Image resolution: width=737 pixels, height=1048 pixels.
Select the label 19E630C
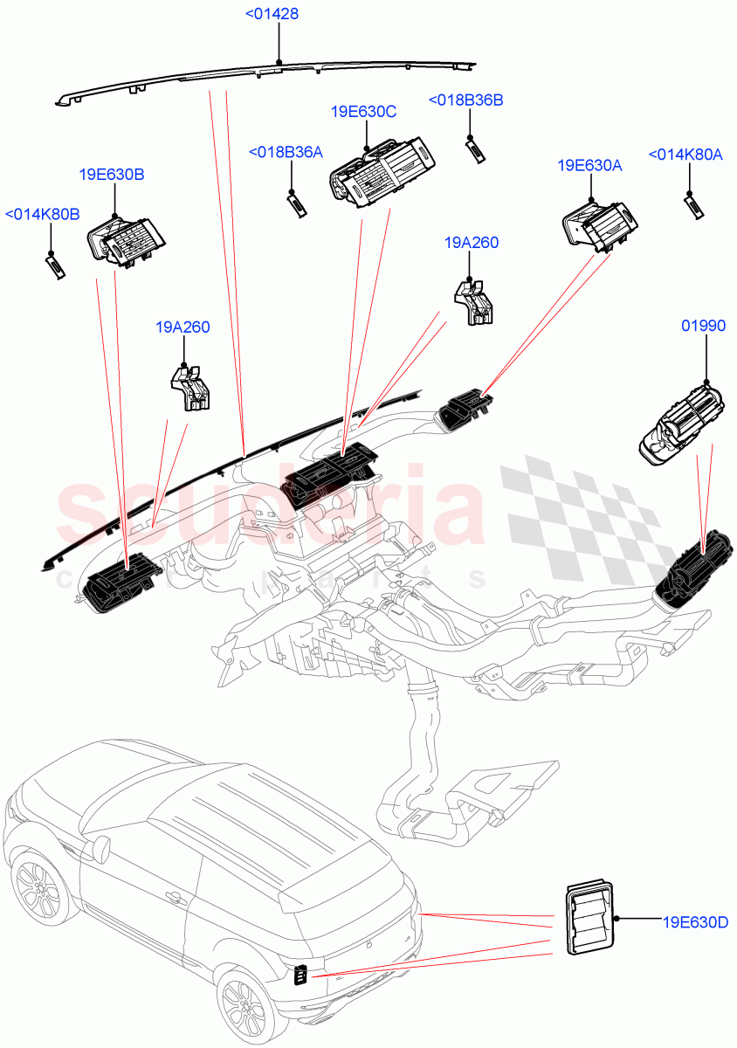[x=363, y=112]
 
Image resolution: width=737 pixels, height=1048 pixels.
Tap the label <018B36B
[x=465, y=100]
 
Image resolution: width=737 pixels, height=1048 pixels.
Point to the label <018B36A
[x=286, y=153]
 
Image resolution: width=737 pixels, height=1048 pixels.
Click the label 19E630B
[x=112, y=175]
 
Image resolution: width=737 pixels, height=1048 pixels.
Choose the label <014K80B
[x=43, y=214]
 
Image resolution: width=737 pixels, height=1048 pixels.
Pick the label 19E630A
[x=589, y=165]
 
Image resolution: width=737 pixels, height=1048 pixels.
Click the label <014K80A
[x=685, y=155]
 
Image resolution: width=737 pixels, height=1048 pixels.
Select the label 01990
[x=703, y=326]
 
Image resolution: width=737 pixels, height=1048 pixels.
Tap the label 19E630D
[x=695, y=920]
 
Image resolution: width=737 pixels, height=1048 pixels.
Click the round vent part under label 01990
[x=681, y=424]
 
